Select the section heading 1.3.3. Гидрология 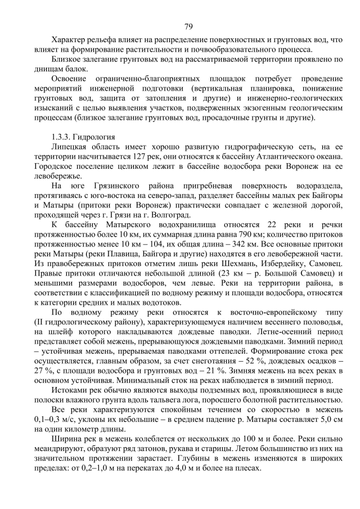point(83,137)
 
